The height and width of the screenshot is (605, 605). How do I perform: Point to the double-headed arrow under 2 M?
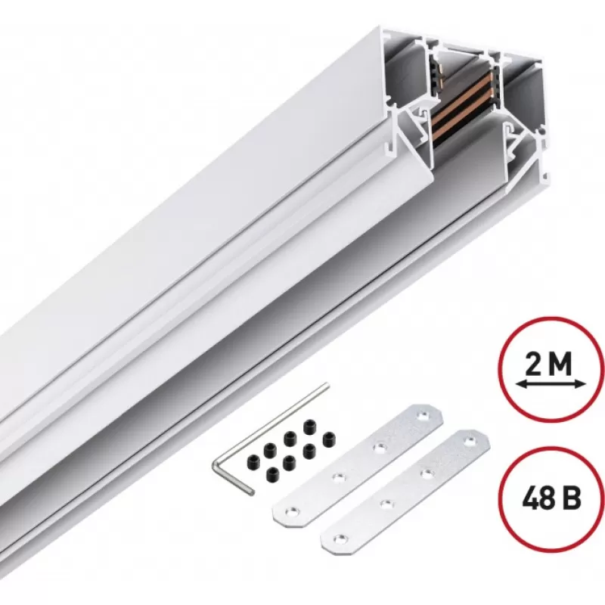pos(551,384)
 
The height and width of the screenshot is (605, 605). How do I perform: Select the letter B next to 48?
pos(571,499)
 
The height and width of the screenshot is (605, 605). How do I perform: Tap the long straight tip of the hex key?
pos(327,384)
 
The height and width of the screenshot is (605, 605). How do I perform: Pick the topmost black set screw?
pos(309,426)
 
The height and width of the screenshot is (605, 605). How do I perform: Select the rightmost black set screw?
pos(329,439)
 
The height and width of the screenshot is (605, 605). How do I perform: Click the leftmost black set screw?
pos(253,460)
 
